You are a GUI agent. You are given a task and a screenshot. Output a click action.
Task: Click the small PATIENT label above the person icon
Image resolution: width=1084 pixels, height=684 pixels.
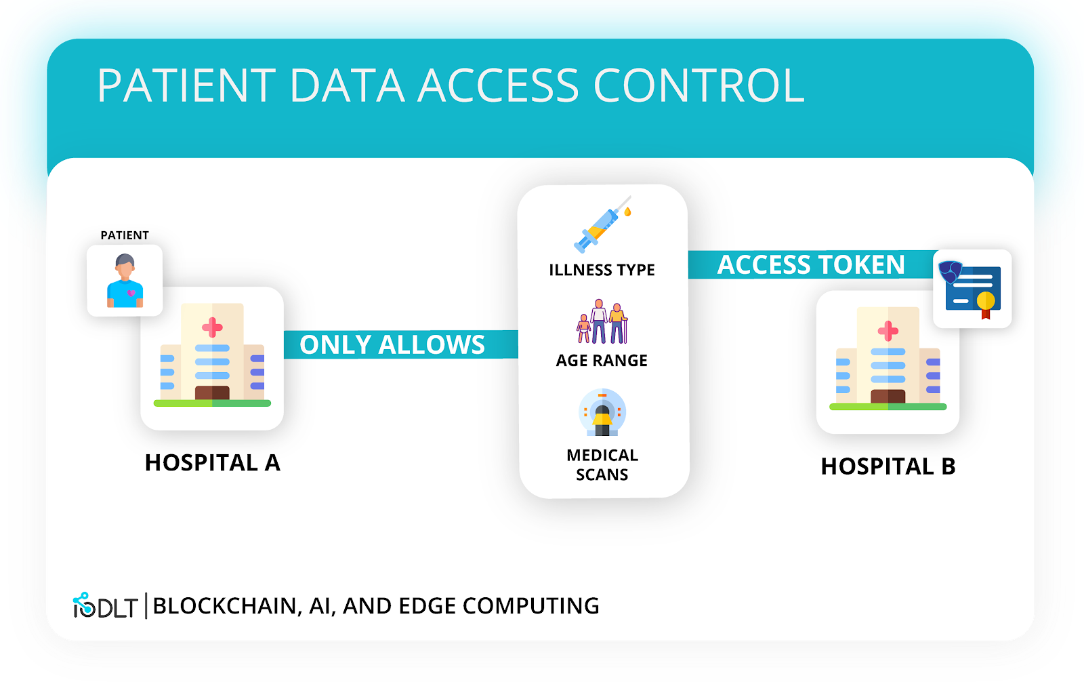tap(125, 235)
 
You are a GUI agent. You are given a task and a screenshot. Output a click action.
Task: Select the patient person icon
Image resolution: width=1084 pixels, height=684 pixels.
tap(125, 281)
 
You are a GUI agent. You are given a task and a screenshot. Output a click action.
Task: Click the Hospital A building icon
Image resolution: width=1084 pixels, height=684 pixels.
tap(212, 357)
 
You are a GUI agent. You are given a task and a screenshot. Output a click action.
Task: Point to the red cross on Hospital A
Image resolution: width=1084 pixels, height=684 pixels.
tap(212, 327)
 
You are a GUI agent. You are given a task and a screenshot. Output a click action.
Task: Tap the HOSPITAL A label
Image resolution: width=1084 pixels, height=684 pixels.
tap(212, 463)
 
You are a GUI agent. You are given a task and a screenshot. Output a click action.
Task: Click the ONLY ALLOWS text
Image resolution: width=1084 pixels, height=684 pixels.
tap(392, 344)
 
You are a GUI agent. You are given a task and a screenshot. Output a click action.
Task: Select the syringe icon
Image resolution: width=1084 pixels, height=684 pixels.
tap(602, 225)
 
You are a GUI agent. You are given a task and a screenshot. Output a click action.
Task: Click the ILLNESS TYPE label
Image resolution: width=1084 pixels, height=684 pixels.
tap(602, 270)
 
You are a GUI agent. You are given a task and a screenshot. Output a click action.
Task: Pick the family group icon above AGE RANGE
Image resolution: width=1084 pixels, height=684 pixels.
tap(602, 322)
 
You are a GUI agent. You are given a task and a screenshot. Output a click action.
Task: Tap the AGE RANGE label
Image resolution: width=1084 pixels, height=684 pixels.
tap(602, 361)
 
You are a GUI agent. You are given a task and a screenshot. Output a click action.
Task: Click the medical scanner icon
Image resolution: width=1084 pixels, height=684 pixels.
tap(602, 412)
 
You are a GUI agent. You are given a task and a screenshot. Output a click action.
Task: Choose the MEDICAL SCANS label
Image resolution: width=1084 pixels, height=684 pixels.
tap(602, 464)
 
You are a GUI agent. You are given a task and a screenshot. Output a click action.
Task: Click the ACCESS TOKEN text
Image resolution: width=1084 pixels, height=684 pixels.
tap(811, 264)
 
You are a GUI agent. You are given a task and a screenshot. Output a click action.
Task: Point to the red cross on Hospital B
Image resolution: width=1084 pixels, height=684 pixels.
tap(888, 331)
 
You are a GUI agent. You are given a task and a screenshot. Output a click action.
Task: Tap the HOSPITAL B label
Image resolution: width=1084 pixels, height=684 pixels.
tap(888, 466)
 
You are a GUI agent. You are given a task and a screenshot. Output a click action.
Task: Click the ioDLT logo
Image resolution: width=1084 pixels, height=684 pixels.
tap(106, 606)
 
